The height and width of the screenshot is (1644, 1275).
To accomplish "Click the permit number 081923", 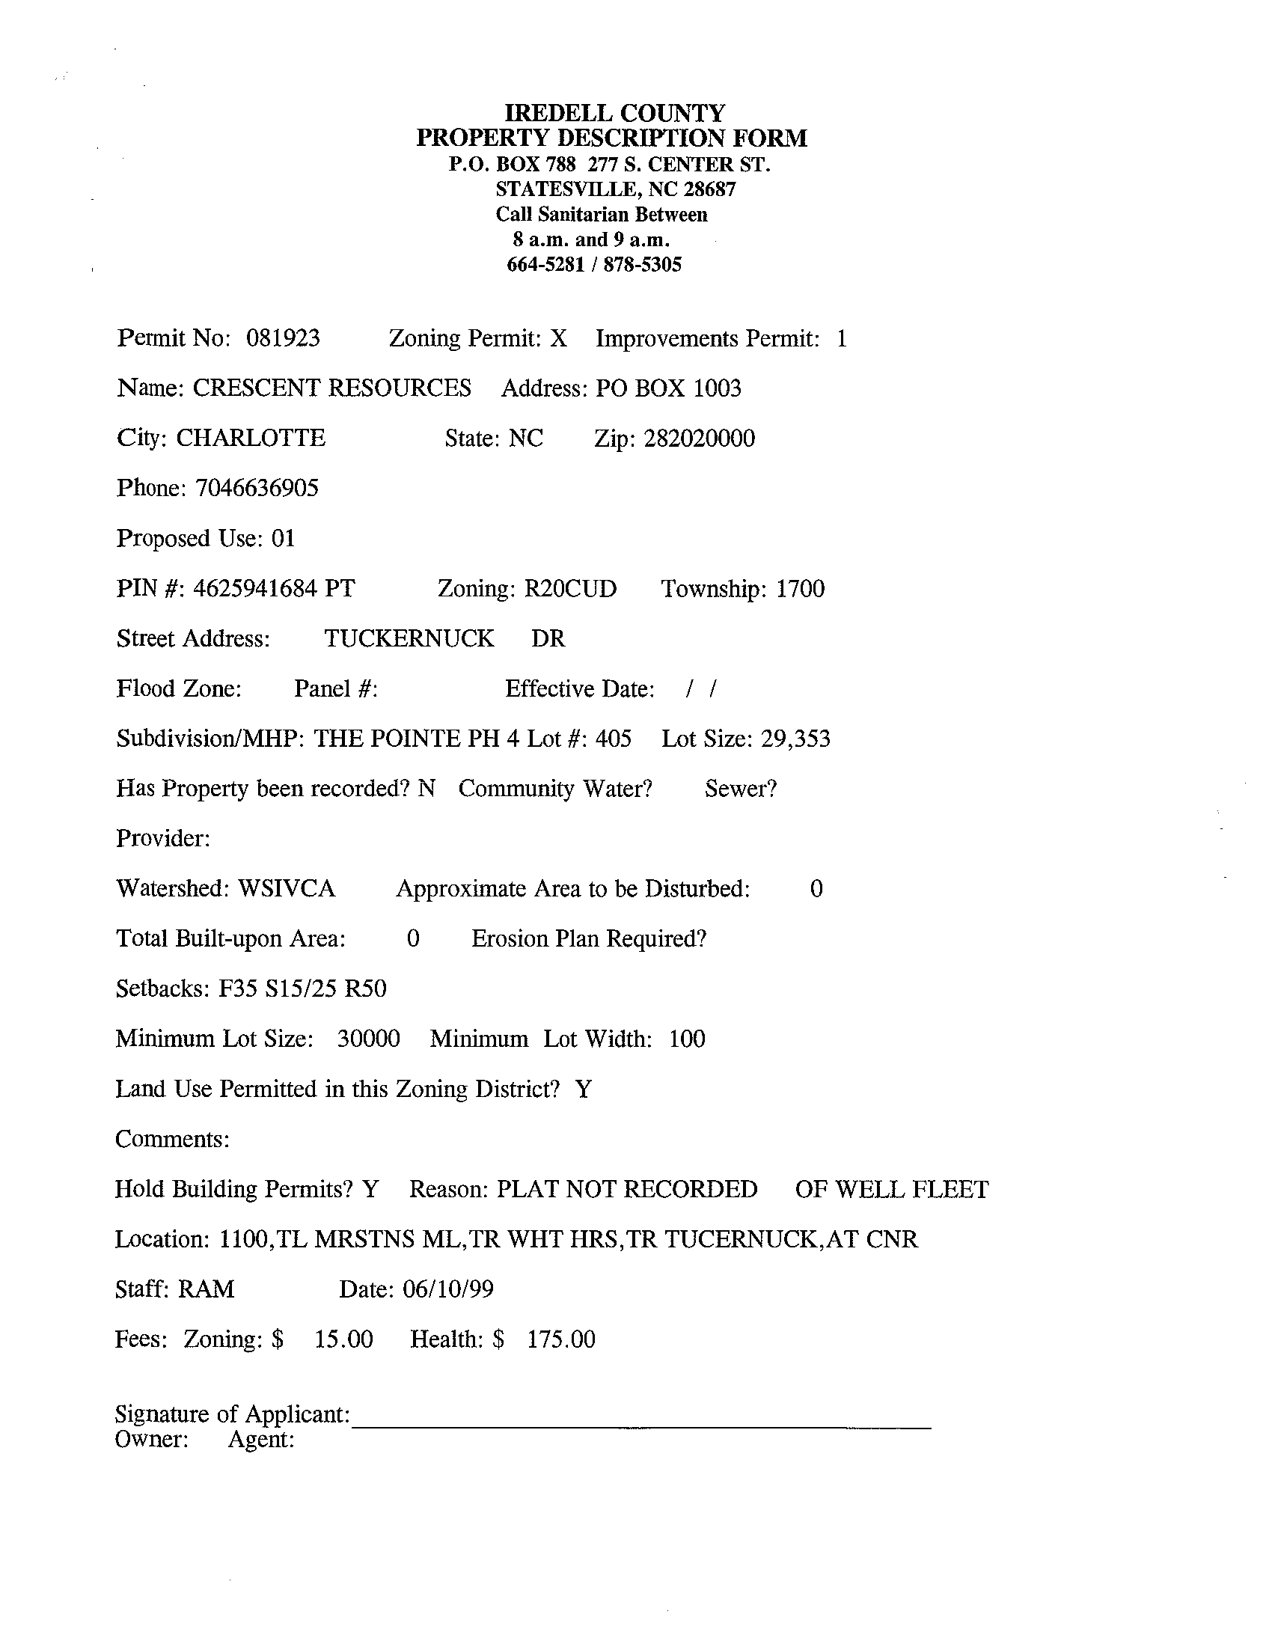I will tap(283, 338).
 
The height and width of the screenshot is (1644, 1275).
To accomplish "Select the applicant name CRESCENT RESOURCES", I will tap(332, 388).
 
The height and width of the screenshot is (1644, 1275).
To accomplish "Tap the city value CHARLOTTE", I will tap(251, 438).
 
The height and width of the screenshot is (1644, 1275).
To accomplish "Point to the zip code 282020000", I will tap(699, 438).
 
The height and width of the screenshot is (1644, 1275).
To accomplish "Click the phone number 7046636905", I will tap(257, 489).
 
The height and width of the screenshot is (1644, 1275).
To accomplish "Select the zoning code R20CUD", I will tap(569, 588).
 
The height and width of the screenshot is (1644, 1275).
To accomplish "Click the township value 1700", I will tap(800, 588).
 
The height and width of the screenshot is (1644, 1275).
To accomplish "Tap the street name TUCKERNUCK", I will tap(409, 638).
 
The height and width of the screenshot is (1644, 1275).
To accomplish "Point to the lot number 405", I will tap(613, 739).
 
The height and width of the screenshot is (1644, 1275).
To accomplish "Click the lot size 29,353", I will tap(795, 739).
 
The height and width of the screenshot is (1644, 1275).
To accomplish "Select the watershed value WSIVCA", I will tap(286, 888).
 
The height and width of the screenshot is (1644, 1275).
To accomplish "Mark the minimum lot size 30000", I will tap(368, 1039).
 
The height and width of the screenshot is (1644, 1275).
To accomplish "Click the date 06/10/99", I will tap(448, 1289).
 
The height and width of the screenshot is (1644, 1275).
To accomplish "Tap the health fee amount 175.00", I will tap(560, 1339).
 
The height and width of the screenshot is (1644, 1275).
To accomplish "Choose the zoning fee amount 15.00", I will tap(343, 1339).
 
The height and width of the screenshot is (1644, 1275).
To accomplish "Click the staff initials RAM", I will tap(207, 1289).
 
